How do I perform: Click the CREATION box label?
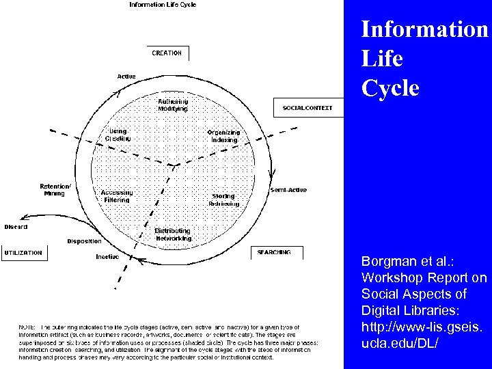click(x=167, y=53)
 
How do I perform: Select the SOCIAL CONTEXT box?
click(x=307, y=108)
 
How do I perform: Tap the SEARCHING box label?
click(x=274, y=252)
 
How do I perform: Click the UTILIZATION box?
click(x=23, y=253)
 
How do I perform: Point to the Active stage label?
click(x=126, y=76)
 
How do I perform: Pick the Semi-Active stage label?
click(x=288, y=189)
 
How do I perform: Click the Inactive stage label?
click(x=107, y=257)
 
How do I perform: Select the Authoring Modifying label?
click(x=172, y=105)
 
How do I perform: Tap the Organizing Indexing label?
click(x=223, y=136)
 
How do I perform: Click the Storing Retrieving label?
click(x=225, y=200)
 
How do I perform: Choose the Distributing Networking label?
click(x=173, y=234)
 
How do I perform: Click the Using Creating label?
click(x=118, y=135)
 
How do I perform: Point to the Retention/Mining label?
click(x=55, y=189)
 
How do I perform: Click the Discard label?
click(x=16, y=227)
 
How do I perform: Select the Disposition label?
click(x=84, y=241)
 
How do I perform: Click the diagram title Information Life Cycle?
click(x=163, y=5)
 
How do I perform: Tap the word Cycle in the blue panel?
click(x=389, y=89)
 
